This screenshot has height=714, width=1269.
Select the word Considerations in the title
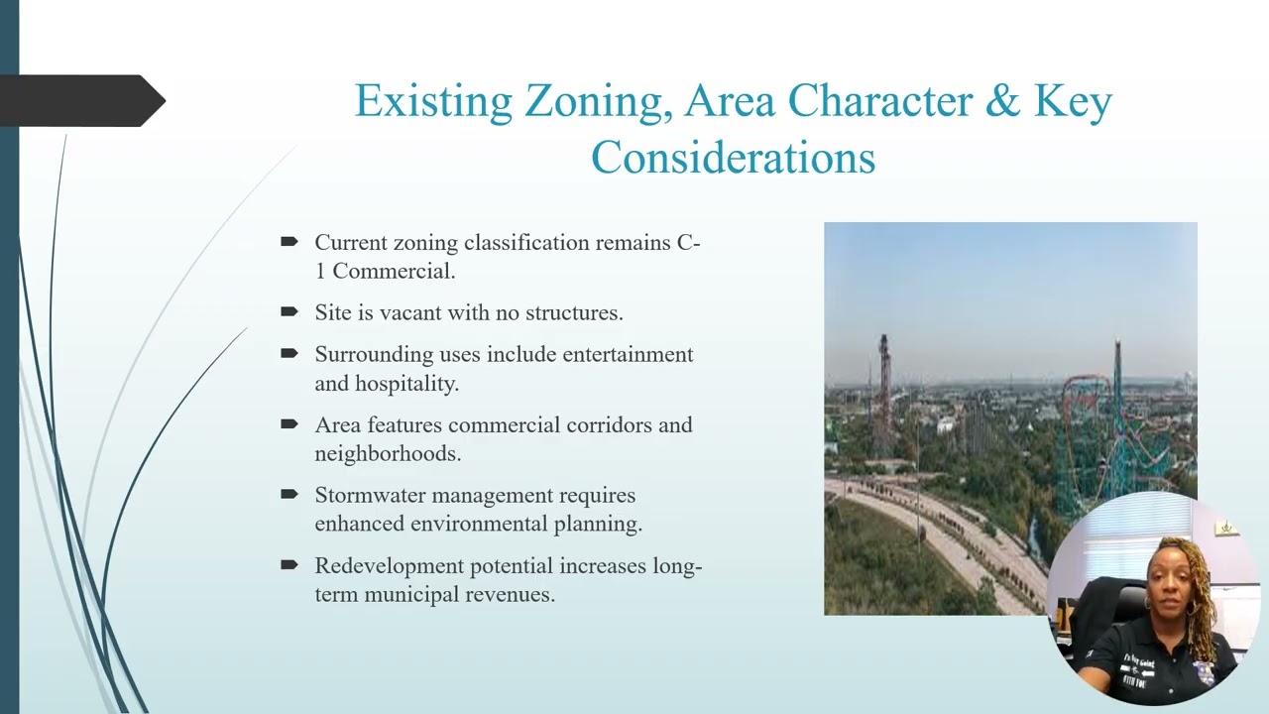pos(733,158)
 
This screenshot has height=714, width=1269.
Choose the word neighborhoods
pos(388,453)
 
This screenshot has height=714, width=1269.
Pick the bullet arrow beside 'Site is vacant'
pos(289,311)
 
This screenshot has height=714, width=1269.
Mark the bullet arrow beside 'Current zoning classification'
pos(289,241)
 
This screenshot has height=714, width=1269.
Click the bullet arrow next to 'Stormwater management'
pos(289,494)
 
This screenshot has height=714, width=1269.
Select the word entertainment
pos(629,354)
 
